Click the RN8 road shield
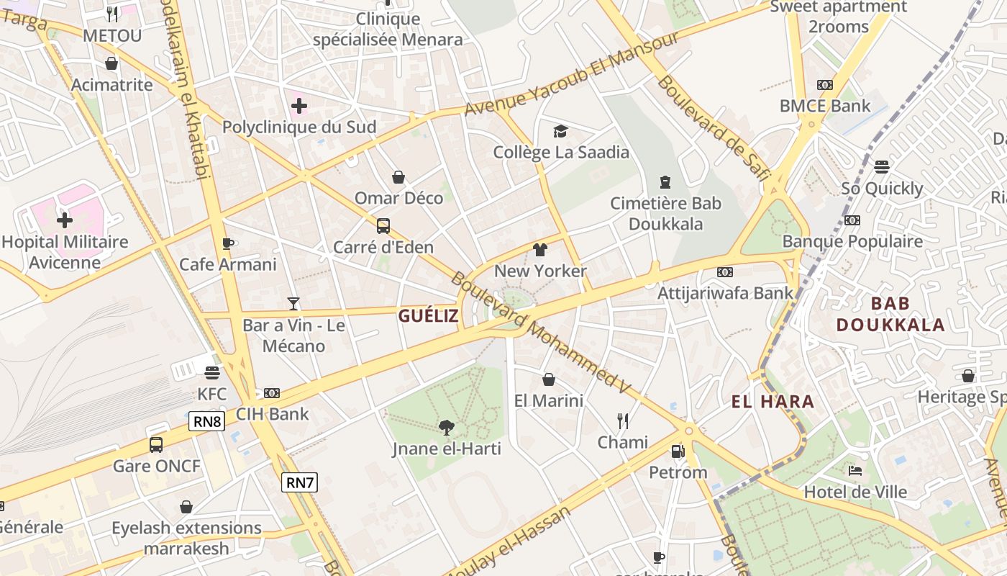tap(207, 421)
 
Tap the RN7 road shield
tap(299, 482)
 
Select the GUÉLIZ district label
tap(429, 316)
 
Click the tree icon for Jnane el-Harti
tap(447, 428)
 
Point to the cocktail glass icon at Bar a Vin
tap(293, 303)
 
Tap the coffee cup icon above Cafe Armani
tap(228, 243)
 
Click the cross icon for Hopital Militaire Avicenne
tap(65, 220)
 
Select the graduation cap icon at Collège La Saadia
tap(560, 131)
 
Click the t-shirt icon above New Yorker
tap(540, 250)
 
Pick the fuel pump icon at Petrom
tap(678, 451)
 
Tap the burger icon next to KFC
tap(211, 372)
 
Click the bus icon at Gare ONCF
tap(156, 444)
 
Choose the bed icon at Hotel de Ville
tap(855, 471)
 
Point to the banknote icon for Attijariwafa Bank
tap(725, 271)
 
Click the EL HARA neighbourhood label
tap(773, 402)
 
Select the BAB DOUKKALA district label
tap(890, 314)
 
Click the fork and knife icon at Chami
tap(623, 420)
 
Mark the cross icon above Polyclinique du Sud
tap(299, 106)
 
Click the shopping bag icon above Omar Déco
tap(398, 177)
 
